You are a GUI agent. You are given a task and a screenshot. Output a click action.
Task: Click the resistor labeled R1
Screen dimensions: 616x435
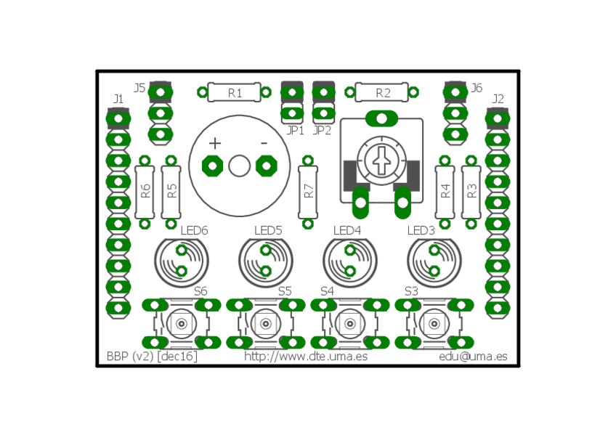click(234, 92)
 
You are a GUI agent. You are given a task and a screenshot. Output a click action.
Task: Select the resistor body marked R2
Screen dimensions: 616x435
click(382, 92)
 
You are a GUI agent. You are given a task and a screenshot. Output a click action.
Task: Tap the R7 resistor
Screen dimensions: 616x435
click(308, 192)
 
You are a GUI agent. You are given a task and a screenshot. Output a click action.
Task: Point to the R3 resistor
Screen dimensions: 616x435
click(471, 192)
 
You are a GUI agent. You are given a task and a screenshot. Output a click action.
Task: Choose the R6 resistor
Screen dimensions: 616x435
click(145, 192)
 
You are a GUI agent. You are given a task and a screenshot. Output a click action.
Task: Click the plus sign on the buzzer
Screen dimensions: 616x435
click(215, 143)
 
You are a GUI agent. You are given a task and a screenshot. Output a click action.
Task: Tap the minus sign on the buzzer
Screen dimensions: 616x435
click(264, 143)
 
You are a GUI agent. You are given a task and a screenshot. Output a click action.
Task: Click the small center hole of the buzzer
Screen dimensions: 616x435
click(239, 166)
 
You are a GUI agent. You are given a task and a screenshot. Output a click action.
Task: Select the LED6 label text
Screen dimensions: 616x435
click(194, 230)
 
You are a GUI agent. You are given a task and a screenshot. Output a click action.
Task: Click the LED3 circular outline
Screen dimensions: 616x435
click(408, 261)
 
